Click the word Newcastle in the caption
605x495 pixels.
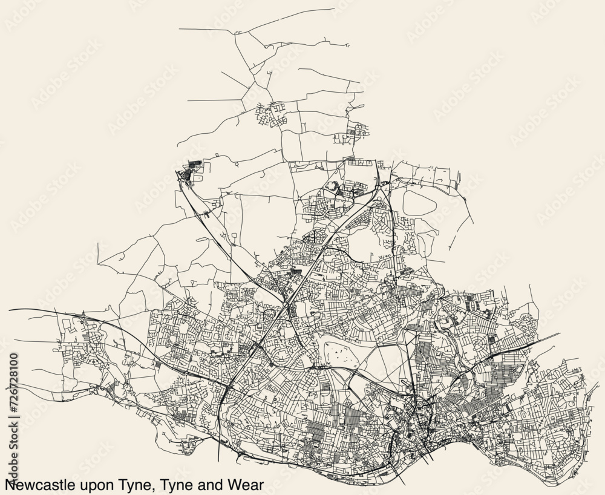tap(38, 485)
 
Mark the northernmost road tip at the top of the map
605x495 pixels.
tap(334, 8)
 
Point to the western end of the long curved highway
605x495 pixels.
tap(10, 310)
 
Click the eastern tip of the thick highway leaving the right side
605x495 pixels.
tap(560, 333)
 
